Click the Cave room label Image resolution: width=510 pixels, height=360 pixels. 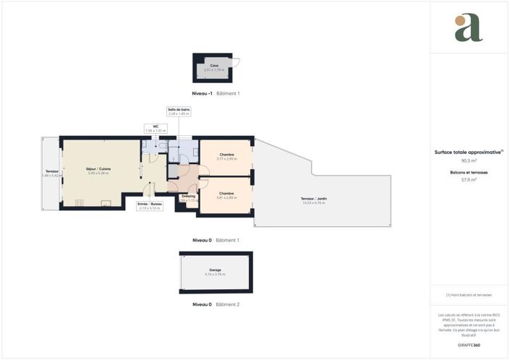pyautogui.click(x=215, y=67)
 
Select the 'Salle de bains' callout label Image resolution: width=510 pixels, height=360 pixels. pyautogui.click(x=179, y=111)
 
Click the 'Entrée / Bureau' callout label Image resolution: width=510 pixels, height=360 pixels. pyautogui.click(x=150, y=206)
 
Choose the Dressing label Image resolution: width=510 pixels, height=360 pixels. pyautogui.click(x=189, y=197)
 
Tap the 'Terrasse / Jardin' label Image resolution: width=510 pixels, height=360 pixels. pyautogui.click(x=313, y=201)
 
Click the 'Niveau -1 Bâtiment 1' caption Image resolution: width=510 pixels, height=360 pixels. pyautogui.click(x=216, y=94)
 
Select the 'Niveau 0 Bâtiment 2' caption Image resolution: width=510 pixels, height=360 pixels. pyautogui.click(x=216, y=304)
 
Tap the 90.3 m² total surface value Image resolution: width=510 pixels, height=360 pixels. pyautogui.click(x=469, y=161)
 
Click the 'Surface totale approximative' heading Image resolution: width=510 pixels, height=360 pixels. pyautogui.click(x=469, y=153)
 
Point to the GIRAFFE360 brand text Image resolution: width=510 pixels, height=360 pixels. pyautogui.click(x=469, y=346)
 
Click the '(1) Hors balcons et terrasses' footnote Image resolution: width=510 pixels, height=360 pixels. pyautogui.click(x=469, y=295)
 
